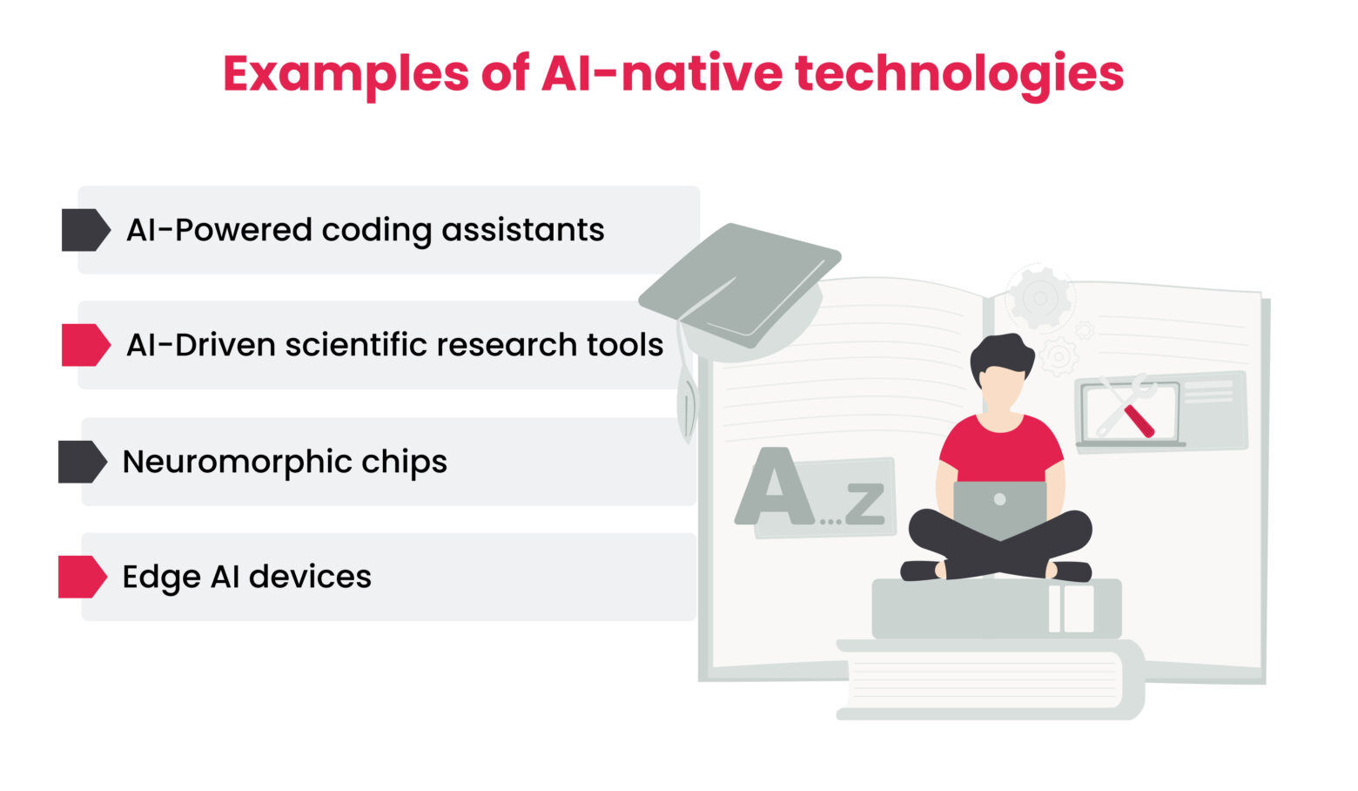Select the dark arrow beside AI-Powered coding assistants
(85, 230)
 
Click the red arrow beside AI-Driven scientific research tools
(85, 345)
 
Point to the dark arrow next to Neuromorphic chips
(82, 462)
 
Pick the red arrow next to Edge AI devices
(82, 577)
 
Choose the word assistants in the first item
(522, 230)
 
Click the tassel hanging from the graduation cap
(687, 405)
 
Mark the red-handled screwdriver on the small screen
(1137, 420)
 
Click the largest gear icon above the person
(1040, 299)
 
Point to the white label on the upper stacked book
(1071, 608)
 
